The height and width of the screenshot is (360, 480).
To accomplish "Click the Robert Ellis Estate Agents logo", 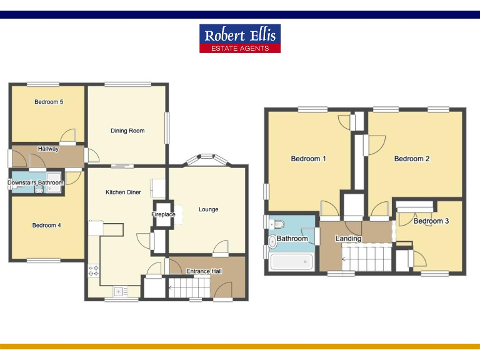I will [x=240, y=38].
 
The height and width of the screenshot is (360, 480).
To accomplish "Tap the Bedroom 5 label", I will [x=49, y=102].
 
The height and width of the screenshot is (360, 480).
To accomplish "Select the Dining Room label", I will [x=127, y=131].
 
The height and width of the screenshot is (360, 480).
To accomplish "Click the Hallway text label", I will [x=48, y=149].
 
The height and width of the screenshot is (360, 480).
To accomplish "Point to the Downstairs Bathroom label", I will [x=36, y=182].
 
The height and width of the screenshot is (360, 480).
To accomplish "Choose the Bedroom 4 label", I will [x=47, y=225].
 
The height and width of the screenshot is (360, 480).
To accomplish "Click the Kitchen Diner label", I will [x=122, y=192].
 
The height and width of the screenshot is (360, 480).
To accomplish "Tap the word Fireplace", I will [x=164, y=214].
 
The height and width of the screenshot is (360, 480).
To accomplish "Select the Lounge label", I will [x=208, y=209].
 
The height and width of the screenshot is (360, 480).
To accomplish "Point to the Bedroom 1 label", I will [x=308, y=159].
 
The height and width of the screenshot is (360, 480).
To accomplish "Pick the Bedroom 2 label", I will [x=411, y=159].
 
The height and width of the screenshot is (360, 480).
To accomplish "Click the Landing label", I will [x=348, y=239].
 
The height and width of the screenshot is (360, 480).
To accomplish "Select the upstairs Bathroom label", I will [x=292, y=239].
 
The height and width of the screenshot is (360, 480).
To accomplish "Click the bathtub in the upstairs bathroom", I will [x=291, y=262].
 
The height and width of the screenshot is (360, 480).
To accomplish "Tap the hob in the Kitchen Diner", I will [x=94, y=271].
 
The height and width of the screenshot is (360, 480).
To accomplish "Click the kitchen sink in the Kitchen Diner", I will [x=120, y=290].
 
